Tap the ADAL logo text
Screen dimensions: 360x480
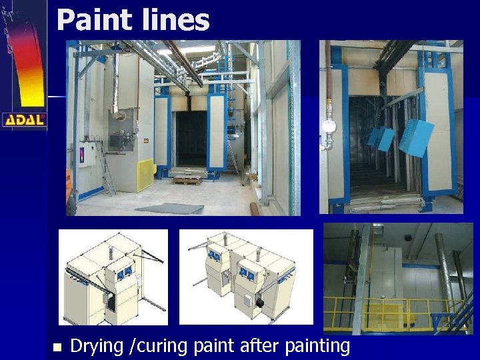25,120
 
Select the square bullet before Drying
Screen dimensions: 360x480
56,347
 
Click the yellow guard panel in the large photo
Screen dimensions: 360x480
146,175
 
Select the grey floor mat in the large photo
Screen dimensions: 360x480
170,209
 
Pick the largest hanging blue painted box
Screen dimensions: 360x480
416,138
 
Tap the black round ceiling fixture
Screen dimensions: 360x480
407,237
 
